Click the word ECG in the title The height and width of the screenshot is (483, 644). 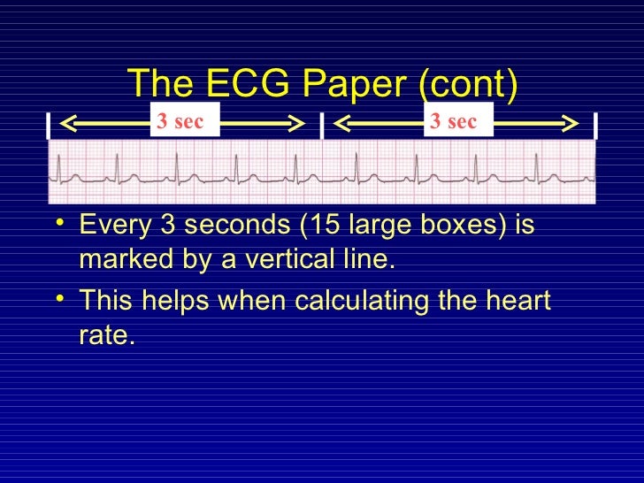pyautogui.click(x=243, y=85)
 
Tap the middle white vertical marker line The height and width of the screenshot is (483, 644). pyautogui.click(x=321, y=126)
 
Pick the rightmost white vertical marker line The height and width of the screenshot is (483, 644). pyautogui.click(x=596, y=126)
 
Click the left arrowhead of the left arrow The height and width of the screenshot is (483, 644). pyautogui.click(x=65, y=125)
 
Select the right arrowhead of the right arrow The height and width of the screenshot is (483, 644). pyautogui.click(x=574, y=125)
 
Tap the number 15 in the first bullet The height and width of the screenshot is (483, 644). pyautogui.click(x=318, y=226)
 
